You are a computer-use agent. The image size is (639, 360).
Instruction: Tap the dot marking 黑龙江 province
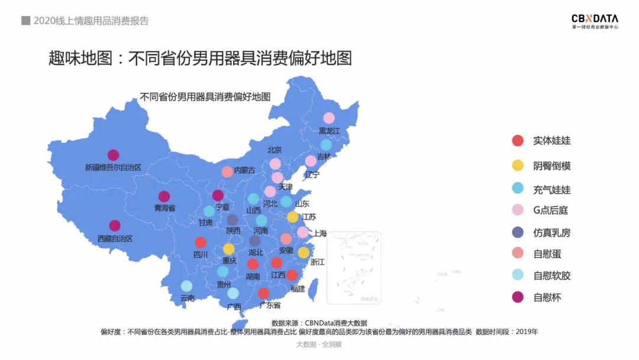329,118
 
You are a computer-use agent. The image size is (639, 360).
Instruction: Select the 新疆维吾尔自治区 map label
113,168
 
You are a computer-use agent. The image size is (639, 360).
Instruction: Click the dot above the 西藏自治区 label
115,226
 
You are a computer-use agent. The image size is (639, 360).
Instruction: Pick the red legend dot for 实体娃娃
518,141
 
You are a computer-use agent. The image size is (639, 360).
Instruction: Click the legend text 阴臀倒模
551,166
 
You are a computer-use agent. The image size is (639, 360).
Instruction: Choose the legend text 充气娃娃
551,189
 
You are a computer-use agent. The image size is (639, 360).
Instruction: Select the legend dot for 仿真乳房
518,232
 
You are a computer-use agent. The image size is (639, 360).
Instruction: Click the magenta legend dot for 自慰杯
518,297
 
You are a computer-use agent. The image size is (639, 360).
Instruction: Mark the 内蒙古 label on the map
245,171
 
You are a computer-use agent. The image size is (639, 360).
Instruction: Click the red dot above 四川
201,242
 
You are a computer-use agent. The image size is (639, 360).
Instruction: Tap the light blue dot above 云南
186,286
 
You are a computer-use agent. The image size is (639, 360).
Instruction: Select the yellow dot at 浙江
304,253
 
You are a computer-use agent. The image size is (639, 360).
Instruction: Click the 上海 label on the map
320,233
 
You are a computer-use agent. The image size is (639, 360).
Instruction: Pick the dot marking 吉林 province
326,145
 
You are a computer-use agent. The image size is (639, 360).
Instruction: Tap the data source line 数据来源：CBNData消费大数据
319,323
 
